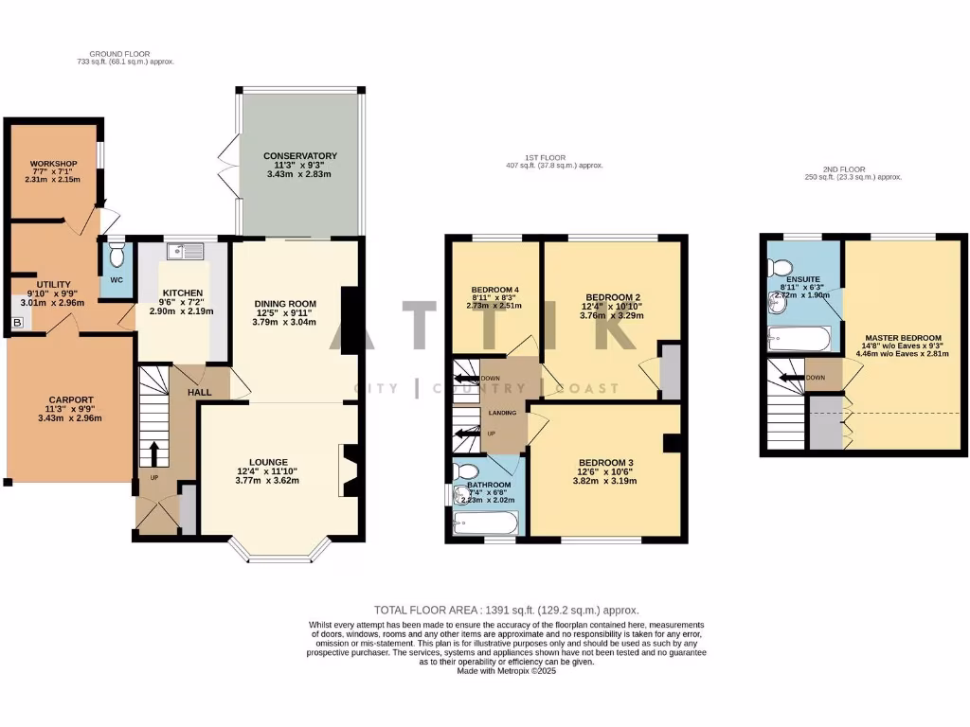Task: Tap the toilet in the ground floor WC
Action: (x=117, y=255)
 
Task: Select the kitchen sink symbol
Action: (x=185, y=251)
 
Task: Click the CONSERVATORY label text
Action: (x=299, y=156)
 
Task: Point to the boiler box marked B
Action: (x=16, y=323)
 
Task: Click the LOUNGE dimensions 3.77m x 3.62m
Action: (x=267, y=480)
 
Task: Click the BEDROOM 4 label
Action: (x=495, y=290)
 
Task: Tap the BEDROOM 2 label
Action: (x=614, y=295)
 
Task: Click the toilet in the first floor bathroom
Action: (x=466, y=472)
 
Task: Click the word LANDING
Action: (x=502, y=413)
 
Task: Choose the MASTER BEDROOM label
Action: (x=902, y=338)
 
